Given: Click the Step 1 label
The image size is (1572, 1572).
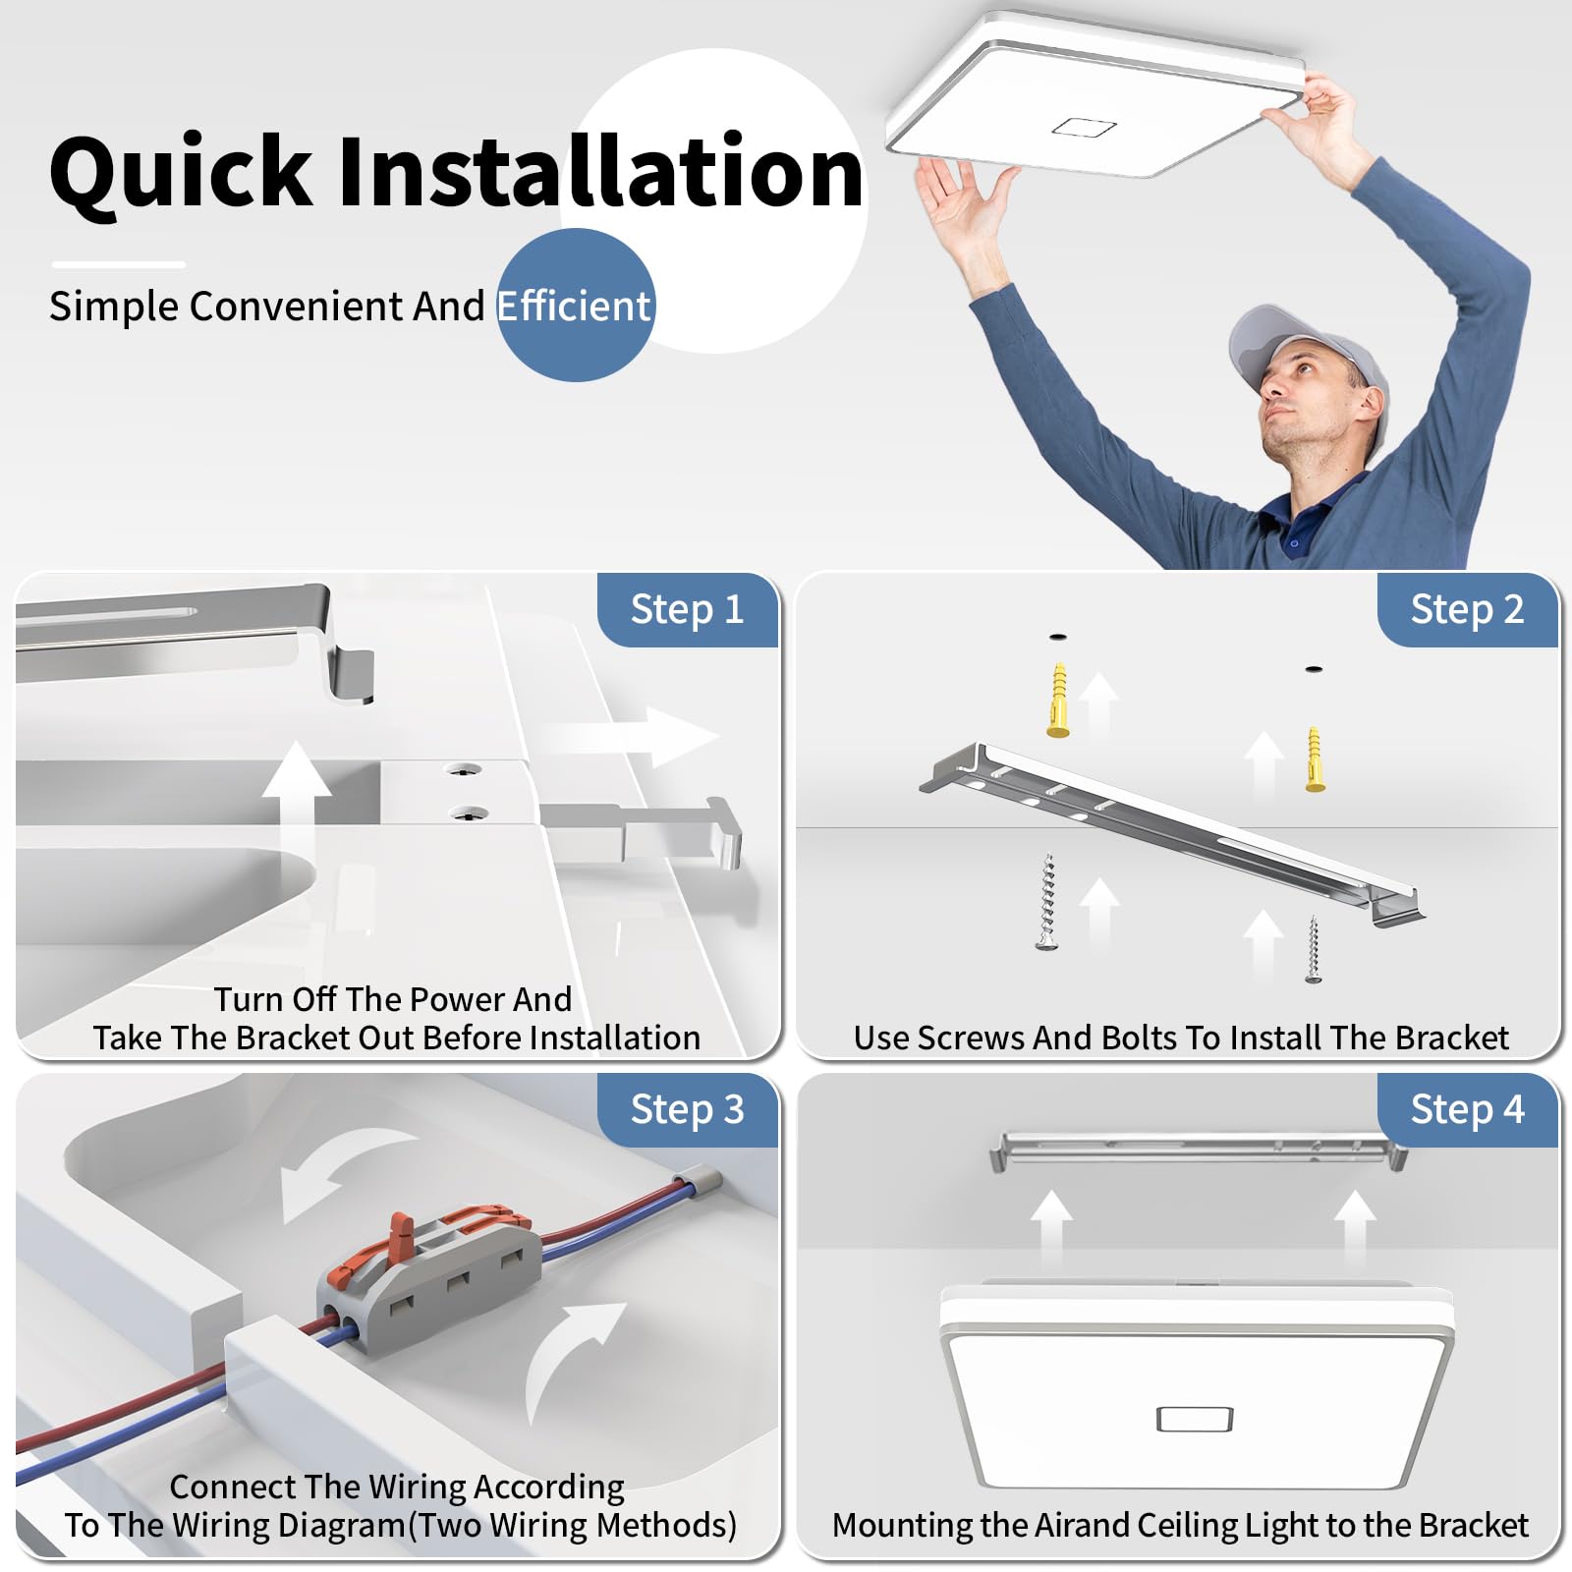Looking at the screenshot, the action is point(687,610).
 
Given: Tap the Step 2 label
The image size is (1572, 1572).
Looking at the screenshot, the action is point(1467,610).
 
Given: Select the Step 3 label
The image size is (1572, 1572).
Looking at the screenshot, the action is point(687,1110).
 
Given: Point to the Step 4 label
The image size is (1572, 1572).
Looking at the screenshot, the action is point(1467,1110).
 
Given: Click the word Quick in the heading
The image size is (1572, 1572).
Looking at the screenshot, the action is point(182,173).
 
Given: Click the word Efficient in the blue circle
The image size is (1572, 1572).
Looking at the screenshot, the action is point(574,307).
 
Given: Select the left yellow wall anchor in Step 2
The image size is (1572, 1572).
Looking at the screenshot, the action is point(1058,700).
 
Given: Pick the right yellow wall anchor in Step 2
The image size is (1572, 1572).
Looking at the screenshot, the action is point(1315,758).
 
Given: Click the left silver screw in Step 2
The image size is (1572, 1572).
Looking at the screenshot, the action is point(1048,901).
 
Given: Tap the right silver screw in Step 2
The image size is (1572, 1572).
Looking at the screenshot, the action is point(1314,949).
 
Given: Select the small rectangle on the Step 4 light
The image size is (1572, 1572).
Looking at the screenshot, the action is point(1195,1419).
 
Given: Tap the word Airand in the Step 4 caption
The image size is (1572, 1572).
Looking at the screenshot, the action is point(1080,1525).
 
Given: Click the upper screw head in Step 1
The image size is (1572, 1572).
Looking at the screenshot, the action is point(464,769).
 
